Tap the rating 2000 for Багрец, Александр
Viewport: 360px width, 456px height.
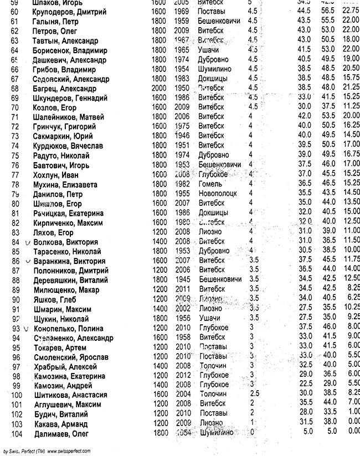coord(158,89)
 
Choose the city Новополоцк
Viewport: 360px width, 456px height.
coord(217,194)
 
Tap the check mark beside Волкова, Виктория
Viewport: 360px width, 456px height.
coord(27,242)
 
